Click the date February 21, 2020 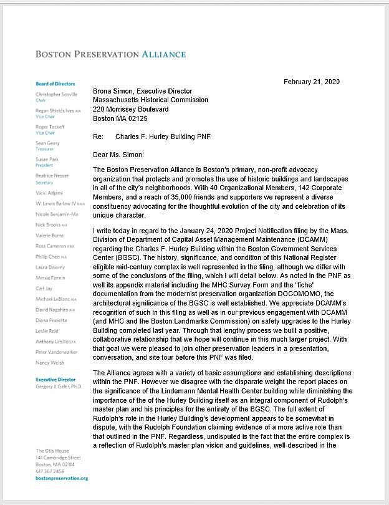pos(312,82)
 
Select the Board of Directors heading pos(55,84)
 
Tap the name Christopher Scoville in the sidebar pos(56,94)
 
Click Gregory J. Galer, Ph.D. pos(59,387)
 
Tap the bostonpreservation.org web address pos(62,478)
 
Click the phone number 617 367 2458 pos(49,472)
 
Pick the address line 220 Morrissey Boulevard pos(131,109)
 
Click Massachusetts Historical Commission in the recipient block pos(150,100)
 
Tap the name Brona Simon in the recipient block pos(113,91)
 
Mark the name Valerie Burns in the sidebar pos(49,236)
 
